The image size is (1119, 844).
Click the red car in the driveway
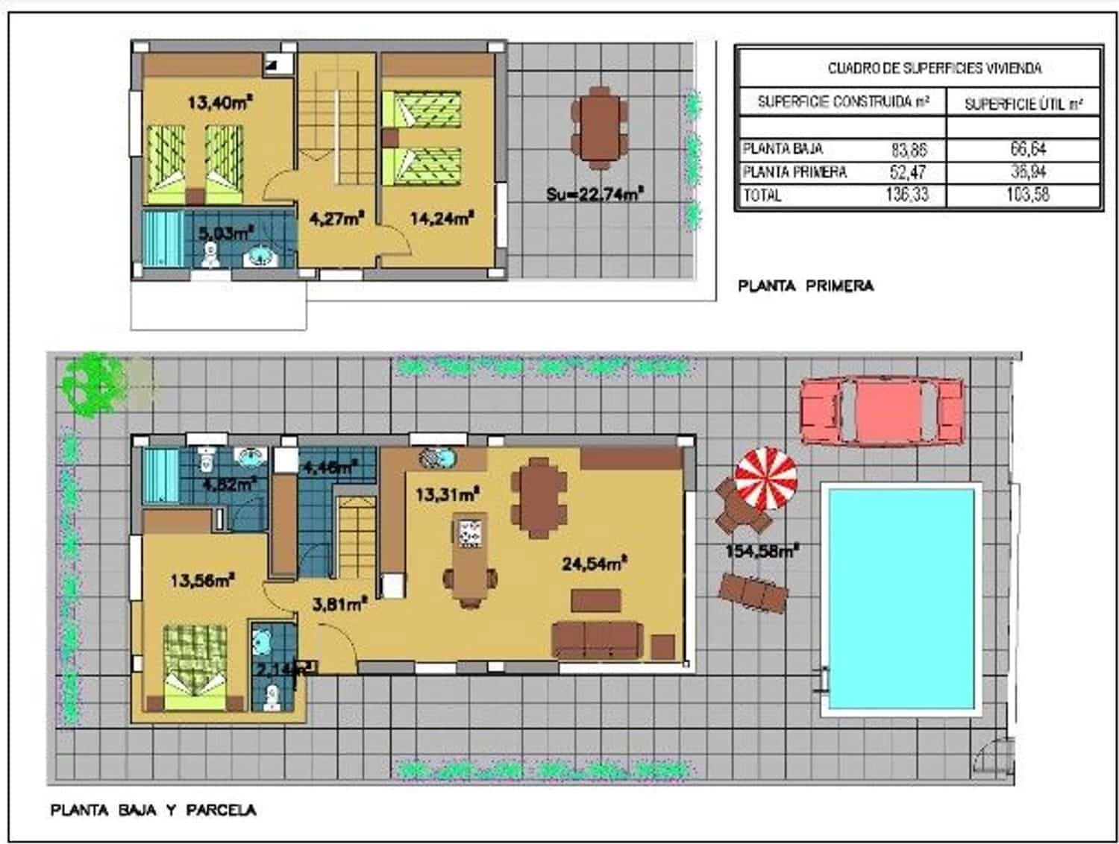click(881, 412)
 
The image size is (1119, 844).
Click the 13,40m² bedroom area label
click(218, 102)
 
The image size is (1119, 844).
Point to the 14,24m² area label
click(442, 218)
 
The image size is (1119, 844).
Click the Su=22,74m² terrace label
click(595, 194)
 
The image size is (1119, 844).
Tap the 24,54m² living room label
click(594, 563)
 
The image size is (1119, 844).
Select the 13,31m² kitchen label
click(447, 494)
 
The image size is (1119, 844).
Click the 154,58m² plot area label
click(762, 551)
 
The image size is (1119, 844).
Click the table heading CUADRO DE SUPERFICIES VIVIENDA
click(934, 69)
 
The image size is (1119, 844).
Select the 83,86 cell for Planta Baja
click(908, 149)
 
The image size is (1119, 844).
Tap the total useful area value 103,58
click(1027, 195)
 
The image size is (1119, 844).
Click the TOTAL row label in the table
click(762, 195)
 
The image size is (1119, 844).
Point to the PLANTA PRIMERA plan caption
click(805, 286)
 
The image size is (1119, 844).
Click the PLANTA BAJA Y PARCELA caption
click(153, 810)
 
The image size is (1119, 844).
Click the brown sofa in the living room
click(597, 640)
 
